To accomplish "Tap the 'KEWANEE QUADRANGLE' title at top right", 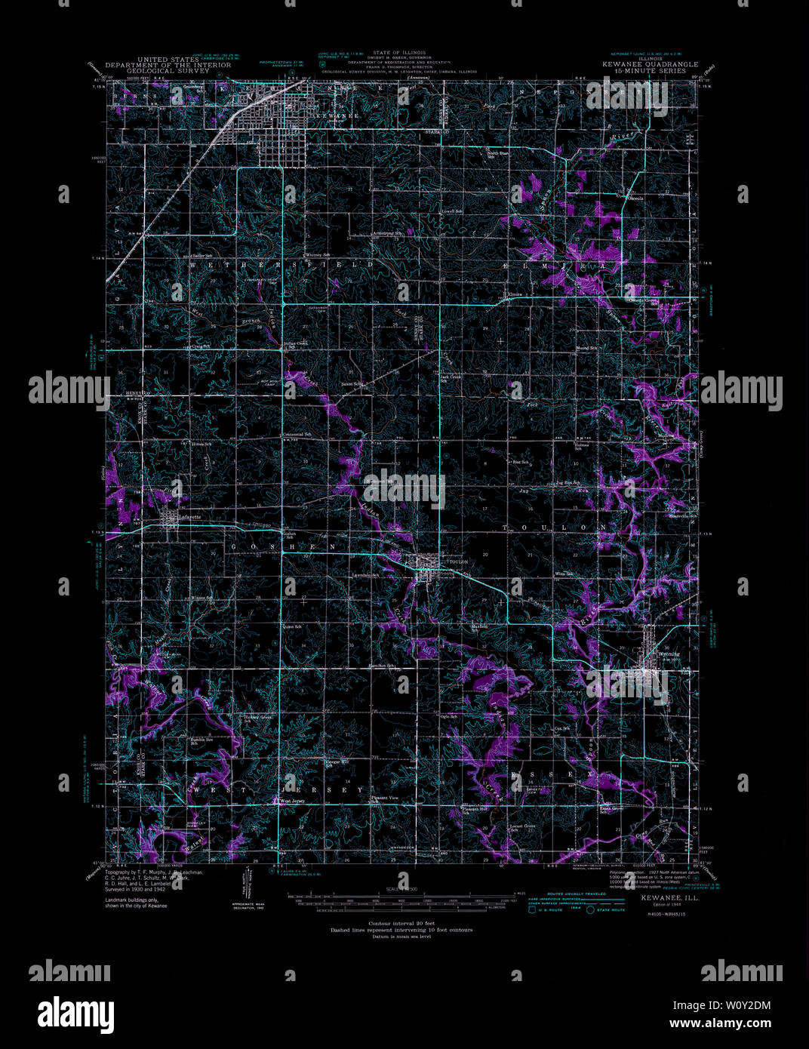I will point(650,65).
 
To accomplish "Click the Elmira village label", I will point(515,294).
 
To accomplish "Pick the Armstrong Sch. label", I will point(389,233).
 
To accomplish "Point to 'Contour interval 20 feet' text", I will point(401,924).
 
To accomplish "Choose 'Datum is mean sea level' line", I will point(401,937).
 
